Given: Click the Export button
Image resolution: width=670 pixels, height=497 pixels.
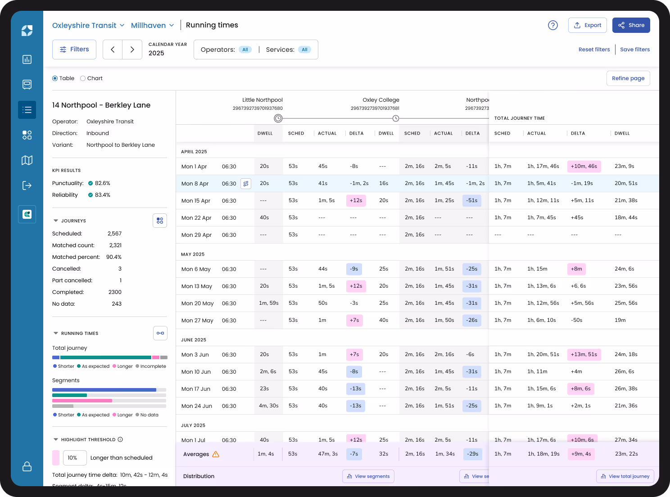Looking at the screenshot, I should tap(587, 25).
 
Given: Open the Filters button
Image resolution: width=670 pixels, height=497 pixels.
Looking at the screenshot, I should tap(74, 50).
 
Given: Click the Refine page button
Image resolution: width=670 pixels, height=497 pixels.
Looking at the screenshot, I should tap(628, 78).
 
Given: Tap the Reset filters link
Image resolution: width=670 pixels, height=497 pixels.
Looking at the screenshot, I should tap(594, 50).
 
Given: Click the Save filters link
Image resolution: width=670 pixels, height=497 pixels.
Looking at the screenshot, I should tap(634, 50).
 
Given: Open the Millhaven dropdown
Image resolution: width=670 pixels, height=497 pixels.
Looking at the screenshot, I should tap(152, 25).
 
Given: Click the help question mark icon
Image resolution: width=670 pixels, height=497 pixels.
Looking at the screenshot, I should tap(552, 25).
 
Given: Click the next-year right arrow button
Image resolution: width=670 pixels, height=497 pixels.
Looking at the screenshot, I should tap(132, 50).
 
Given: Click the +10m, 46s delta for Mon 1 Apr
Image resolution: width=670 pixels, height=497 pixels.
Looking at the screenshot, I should tap(584, 166).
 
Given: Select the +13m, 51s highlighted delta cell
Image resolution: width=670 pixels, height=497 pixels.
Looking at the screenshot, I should tap(584, 354).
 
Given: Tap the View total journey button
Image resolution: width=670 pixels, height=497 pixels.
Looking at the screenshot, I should tap(625, 476).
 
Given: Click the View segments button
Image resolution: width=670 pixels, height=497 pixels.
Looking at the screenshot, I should tap(368, 476).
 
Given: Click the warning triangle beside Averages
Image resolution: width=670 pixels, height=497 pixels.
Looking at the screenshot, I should tap(216, 454).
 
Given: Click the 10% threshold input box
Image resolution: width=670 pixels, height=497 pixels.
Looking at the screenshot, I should tap(74, 458).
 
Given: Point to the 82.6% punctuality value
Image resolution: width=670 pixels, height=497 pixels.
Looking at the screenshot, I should tap(102, 183).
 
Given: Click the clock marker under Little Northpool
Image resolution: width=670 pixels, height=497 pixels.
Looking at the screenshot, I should tap(278, 118).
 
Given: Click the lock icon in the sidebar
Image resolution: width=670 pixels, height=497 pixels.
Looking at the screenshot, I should tap(27, 466).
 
